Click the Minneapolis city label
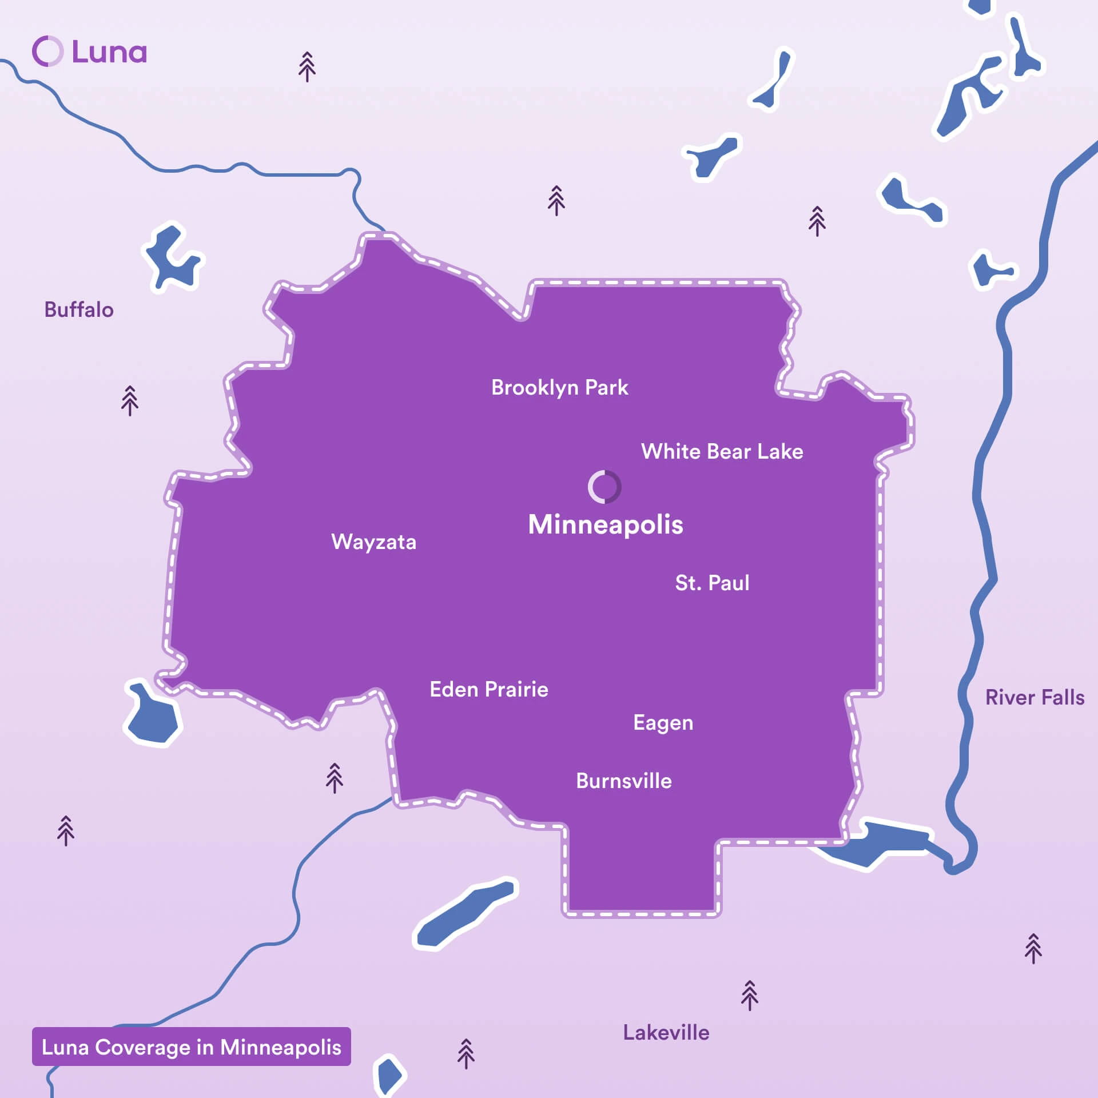[x=606, y=524]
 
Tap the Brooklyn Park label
[x=559, y=388]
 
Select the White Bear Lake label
[x=722, y=452]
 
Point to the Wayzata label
[x=373, y=542]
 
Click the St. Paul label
[x=712, y=583]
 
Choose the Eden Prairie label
[x=489, y=689]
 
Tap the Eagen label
[x=663, y=723]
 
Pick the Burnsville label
[x=624, y=781]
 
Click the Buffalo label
[x=79, y=310]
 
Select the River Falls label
[x=1035, y=698]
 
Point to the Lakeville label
[x=666, y=1033]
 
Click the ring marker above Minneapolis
[x=604, y=487]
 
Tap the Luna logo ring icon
[x=47, y=51]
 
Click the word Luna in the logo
[x=109, y=52]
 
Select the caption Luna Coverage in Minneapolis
[x=192, y=1047]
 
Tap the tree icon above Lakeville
[x=749, y=996]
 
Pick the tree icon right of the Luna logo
[x=307, y=67]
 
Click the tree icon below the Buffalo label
[x=130, y=400]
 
